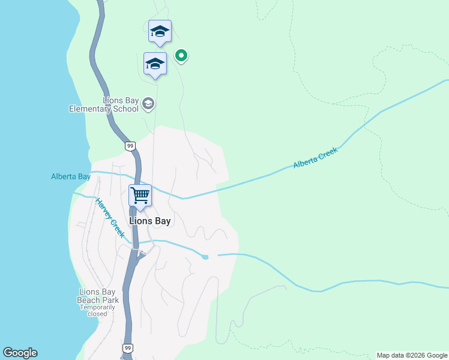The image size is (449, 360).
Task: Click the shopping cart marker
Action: pyautogui.click(x=140, y=196)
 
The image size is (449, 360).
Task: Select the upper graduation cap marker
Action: pyautogui.click(x=160, y=31)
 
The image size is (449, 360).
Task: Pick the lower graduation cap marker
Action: pyautogui.click(x=155, y=64)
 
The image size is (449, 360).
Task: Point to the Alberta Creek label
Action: pyautogui.click(x=316, y=158)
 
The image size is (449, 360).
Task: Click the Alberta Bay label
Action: pyautogui.click(x=71, y=176)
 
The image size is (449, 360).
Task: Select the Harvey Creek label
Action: pyautogui.click(x=110, y=218)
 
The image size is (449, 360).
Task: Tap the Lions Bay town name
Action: pyautogui.click(x=150, y=221)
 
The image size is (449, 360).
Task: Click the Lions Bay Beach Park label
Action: pyautogui.click(x=98, y=296)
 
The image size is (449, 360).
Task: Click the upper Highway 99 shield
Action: pyautogui.click(x=130, y=146)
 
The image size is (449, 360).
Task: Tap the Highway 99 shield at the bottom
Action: pyautogui.click(x=127, y=348)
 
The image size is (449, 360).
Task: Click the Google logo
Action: pyautogui.click(x=20, y=353)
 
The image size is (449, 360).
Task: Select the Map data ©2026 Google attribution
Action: pyautogui.click(x=412, y=355)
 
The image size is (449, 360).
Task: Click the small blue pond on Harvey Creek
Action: pyautogui.click(x=205, y=257)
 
